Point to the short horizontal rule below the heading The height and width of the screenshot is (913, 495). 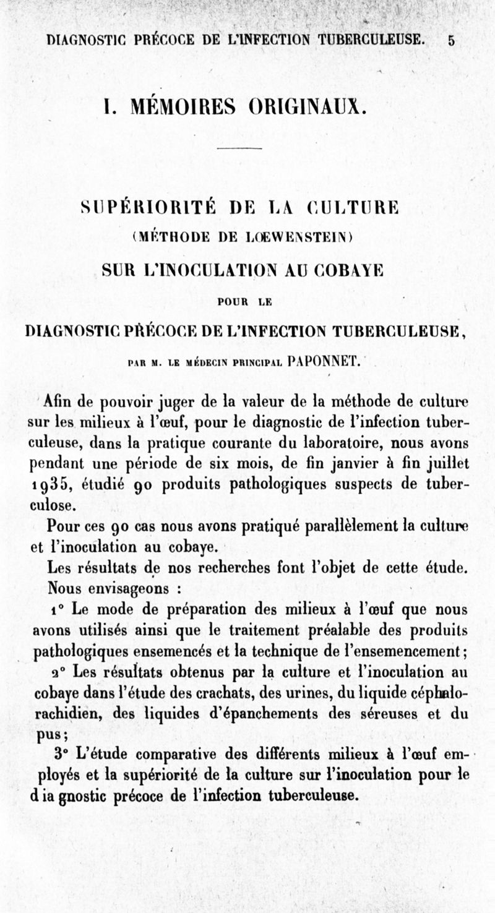point(240,148)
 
